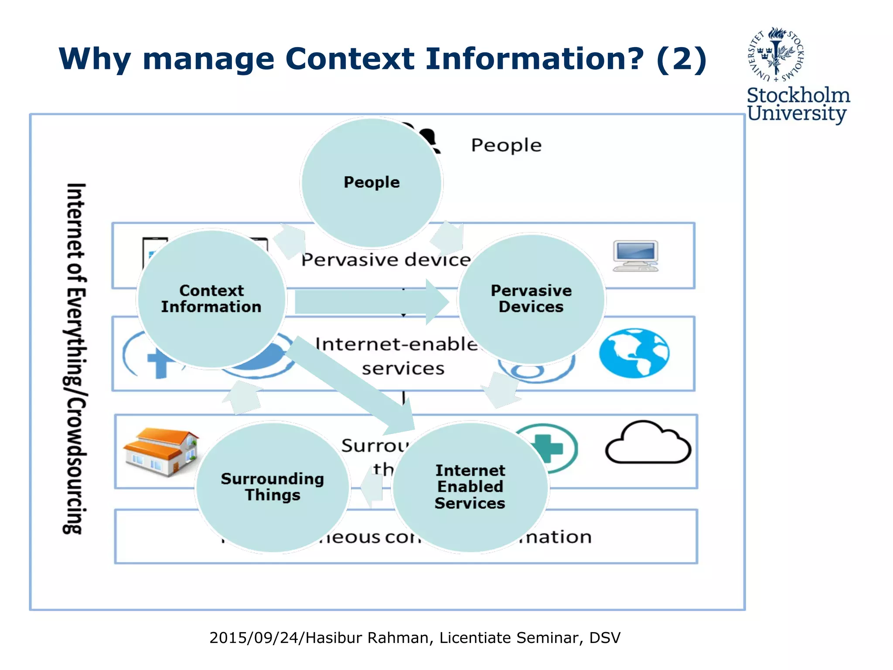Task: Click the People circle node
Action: [372, 182]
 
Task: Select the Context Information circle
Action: [211, 299]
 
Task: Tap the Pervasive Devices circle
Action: [531, 299]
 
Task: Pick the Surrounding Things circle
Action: [273, 487]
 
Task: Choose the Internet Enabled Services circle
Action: [470, 487]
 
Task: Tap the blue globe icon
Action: [634, 353]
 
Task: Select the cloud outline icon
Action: [648, 443]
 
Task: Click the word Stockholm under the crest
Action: [798, 96]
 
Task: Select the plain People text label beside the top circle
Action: [506, 145]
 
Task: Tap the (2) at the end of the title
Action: [681, 59]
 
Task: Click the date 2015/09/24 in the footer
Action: [255, 638]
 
